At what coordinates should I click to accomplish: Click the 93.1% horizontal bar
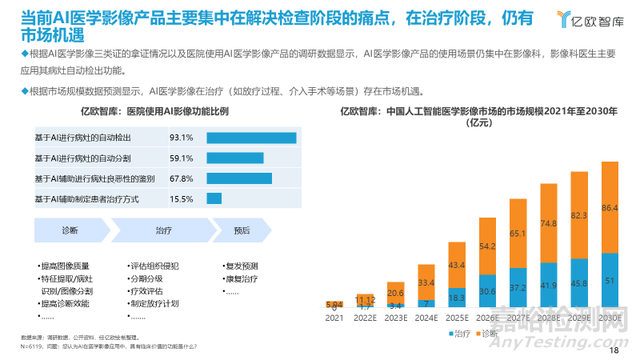[251, 137]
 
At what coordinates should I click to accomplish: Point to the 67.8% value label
[181, 178]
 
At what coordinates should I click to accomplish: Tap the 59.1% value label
[181, 157]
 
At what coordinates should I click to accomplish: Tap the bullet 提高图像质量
[68, 265]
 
